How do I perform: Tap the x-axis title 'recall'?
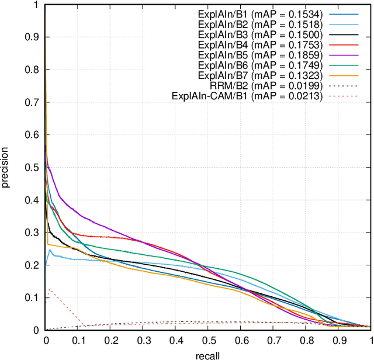[x=208, y=354]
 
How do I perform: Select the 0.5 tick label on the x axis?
[x=208, y=340]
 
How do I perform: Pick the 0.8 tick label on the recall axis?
[x=306, y=340]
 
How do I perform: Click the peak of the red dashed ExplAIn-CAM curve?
[x=50, y=289]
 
